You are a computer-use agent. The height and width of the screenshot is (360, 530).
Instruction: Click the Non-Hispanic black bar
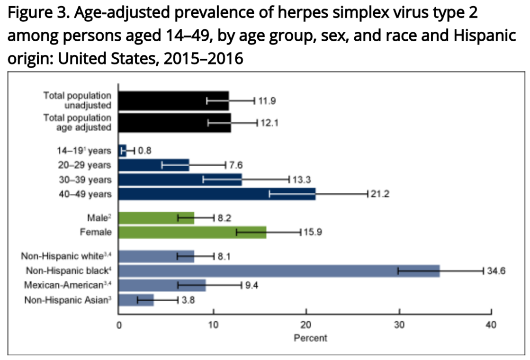tap(279, 271)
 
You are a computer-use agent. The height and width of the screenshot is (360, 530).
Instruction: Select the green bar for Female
tap(192, 232)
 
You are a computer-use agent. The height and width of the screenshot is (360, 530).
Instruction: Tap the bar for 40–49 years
tap(217, 194)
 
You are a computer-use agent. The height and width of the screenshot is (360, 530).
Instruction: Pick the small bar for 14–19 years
tap(122, 151)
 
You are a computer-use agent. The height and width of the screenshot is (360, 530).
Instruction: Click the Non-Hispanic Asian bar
tap(136, 300)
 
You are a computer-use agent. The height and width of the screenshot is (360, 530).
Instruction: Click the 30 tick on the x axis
tap(399, 325)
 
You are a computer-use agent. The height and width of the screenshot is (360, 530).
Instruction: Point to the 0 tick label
tap(119, 325)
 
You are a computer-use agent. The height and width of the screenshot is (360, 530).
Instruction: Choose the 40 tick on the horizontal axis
tap(491, 325)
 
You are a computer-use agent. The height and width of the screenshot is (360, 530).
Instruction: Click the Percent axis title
tap(310, 338)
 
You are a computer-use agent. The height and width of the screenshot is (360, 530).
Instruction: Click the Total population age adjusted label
tap(78, 122)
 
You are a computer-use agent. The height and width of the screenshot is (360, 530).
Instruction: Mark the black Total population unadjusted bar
tap(173, 100)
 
